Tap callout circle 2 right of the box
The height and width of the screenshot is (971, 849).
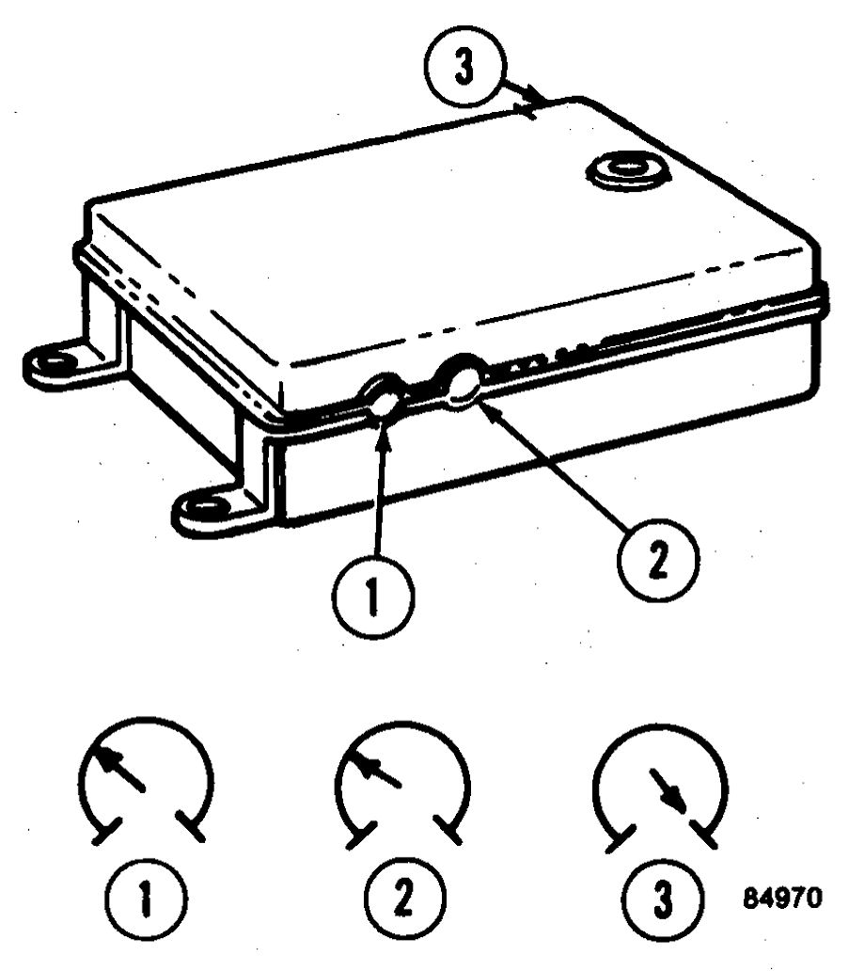(658, 561)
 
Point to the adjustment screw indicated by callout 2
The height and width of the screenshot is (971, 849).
(463, 382)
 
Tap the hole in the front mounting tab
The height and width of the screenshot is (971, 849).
(202, 508)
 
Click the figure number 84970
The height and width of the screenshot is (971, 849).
(782, 898)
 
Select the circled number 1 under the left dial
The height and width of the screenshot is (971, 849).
(146, 898)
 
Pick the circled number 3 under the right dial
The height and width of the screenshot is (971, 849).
(663, 898)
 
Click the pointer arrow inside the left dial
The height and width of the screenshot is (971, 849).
(120, 769)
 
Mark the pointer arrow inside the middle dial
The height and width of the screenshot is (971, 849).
(379, 771)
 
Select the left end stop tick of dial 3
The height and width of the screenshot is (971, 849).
(621, 838)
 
